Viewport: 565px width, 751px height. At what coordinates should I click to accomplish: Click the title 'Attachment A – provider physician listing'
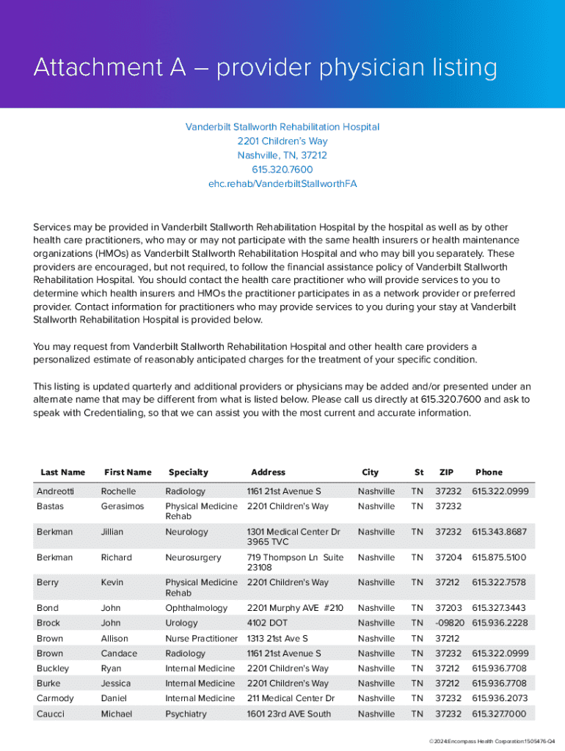(265, 68)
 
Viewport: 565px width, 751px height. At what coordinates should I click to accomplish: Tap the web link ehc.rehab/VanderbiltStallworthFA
(282, 183)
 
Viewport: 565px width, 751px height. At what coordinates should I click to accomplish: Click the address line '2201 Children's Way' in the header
(282, 141)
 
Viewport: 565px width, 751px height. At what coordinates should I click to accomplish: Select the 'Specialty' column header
(189, 472)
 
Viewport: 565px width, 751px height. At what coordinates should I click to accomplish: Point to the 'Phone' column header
(489, 472)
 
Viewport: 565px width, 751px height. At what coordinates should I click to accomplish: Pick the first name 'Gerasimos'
(123, 507)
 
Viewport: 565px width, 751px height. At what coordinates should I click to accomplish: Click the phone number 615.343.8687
(499, 532)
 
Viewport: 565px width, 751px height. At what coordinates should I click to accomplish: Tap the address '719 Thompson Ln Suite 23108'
(295, 563)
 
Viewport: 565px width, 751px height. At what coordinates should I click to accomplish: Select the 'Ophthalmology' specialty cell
(197, 608)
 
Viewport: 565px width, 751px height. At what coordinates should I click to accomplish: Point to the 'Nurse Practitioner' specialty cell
(202, 639)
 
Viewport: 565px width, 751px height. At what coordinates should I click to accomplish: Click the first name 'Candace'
(119, 653)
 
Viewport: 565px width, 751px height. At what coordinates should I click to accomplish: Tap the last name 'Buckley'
(53, 669)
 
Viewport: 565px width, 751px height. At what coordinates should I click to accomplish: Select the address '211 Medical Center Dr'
(291, 699)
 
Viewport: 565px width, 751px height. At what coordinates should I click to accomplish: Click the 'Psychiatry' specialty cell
(186, 714)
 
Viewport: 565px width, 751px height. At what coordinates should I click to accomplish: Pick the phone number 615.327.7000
(499, 714)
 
